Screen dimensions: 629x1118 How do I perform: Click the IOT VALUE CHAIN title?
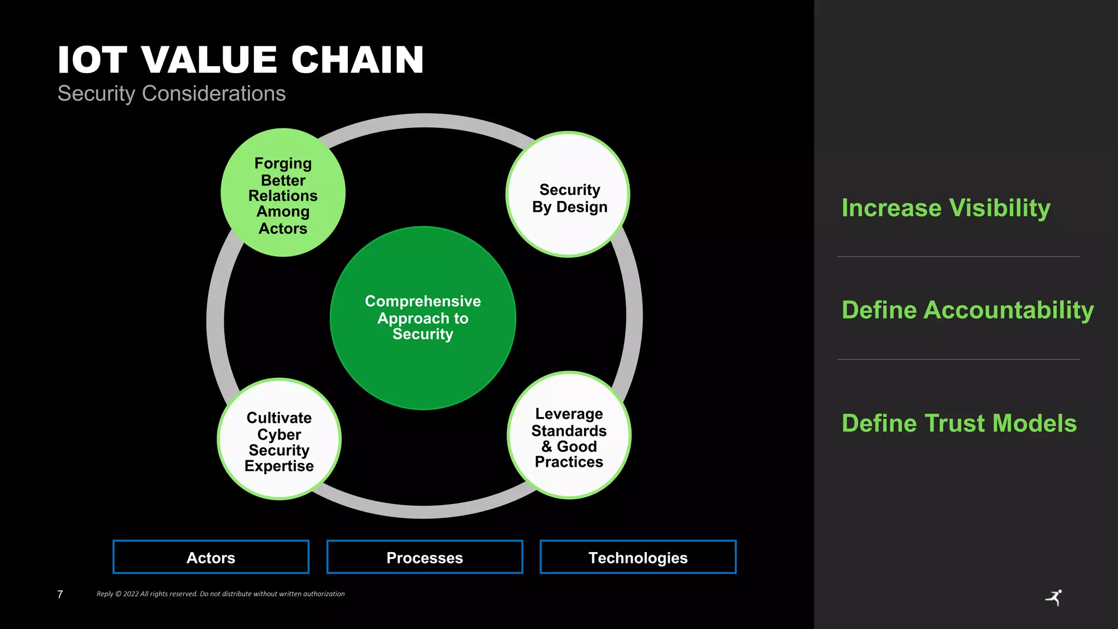tap(240, 60)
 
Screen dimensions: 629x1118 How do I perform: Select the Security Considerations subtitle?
tap(171, 93)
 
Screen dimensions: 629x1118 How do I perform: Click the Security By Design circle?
tap(568, 195)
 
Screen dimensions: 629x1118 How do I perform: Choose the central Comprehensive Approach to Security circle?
tap(423, 318)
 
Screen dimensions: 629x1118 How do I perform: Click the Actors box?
tap(211, 557)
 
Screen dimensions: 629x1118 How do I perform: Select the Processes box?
tap(425, 557)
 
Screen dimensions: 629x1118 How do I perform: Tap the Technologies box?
tap(638, 557)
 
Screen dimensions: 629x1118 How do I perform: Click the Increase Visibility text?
tap(945, 208)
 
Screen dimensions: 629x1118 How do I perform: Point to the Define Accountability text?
tap(967, 310)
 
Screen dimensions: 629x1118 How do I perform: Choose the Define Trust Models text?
tap(959, 423)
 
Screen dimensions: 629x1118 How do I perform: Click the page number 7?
tap(60, 594)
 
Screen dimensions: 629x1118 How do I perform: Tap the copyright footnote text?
tap(221, 594)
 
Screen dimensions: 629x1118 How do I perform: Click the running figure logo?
tap(1054, 598)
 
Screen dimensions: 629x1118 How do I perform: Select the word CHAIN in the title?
tap(358, 60)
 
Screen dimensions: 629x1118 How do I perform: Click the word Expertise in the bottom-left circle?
tap(279, 466)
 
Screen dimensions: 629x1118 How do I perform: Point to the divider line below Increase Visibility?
tap(958, 257)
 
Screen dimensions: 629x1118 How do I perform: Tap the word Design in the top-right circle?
tap(581, 207)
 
